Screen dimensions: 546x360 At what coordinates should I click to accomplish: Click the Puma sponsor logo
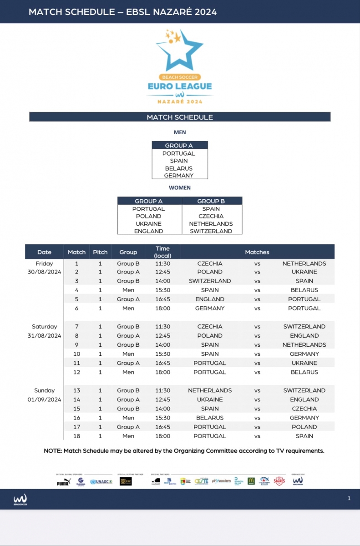63,482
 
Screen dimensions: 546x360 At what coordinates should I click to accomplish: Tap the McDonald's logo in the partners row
251,481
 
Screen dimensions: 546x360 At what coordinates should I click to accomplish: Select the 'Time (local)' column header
162,252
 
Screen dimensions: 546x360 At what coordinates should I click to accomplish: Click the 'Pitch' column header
100,252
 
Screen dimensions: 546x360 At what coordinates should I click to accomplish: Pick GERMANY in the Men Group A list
179,176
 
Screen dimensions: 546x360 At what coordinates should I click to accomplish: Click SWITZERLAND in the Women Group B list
211,231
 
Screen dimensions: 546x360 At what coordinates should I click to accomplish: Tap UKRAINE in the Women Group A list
148,224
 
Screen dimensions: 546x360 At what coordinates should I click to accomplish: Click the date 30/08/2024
44,272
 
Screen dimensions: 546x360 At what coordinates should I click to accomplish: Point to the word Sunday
45,390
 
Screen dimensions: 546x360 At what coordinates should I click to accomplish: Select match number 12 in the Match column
76,372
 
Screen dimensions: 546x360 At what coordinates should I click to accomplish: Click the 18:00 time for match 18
162,436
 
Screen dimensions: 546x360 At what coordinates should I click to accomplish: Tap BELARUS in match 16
210,418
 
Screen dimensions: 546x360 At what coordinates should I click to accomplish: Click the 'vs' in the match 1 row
257,263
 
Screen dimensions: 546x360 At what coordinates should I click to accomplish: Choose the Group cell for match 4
128,290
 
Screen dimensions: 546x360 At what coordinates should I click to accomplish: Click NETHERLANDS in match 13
210,390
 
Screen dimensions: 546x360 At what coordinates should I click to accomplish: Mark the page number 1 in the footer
349,498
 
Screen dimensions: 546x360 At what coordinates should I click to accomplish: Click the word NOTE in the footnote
53,451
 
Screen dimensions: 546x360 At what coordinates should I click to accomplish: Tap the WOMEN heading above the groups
180,187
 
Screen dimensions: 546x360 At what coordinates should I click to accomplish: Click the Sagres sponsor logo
279,481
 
